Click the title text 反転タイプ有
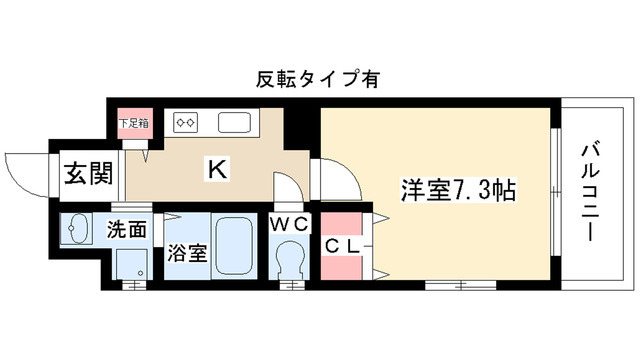[320, 78]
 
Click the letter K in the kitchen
[216, 168]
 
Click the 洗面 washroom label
[127, 229]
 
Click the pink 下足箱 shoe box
[133, 125]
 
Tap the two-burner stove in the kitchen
[187, 123]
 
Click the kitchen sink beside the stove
[235, 124]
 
